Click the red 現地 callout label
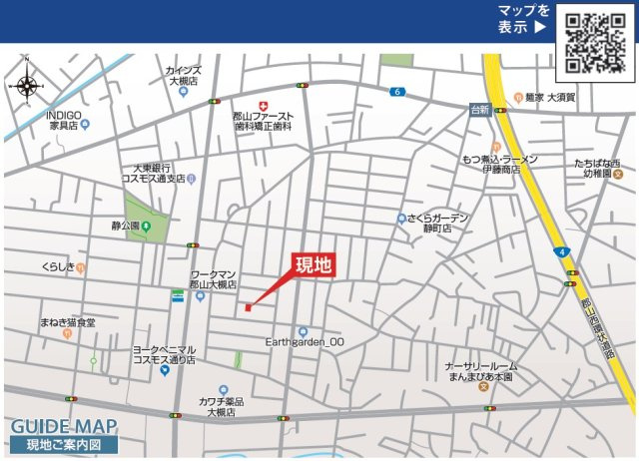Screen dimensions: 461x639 (x=313, y=264)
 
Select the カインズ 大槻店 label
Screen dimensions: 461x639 (x=184, y=76)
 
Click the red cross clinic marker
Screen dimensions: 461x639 (x=263, y=105)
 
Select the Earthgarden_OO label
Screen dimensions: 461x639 (x=304, y=340)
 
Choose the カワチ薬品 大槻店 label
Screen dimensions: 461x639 (x=221, y=405)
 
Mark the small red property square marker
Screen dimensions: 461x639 (x=248, y=307)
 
